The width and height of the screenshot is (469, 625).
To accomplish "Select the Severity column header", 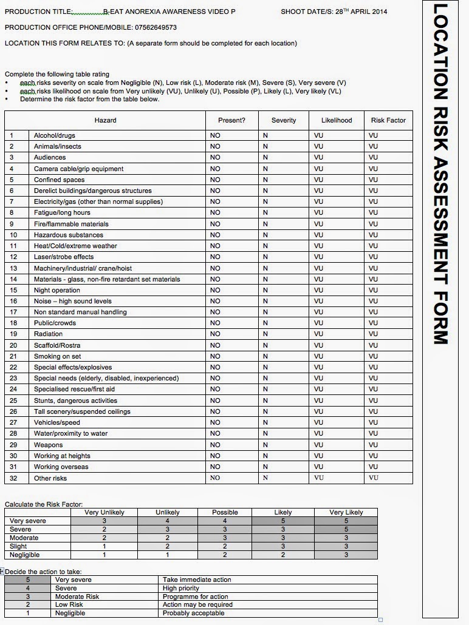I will tap(284, 120).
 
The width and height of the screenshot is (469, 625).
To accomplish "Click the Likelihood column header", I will tap(337, 120).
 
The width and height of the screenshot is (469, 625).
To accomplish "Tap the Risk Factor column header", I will tap(388, 120).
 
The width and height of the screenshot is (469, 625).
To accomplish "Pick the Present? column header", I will tap(232, 120).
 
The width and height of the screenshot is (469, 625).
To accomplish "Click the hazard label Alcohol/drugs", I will tap(55, 135).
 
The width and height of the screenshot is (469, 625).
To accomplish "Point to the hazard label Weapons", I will tap(49, 445).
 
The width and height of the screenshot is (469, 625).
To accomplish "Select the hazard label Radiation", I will tap(49, 334).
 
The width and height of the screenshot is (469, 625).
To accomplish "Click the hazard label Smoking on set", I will tap(58, 356).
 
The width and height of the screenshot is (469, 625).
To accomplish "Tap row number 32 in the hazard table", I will tap(13, 478).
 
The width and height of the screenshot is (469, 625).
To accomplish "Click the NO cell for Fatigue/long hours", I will tap(215, 213).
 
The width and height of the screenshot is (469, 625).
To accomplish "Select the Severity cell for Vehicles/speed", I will tap(265, 422).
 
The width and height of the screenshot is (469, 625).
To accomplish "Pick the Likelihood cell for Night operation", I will tap(319, 290).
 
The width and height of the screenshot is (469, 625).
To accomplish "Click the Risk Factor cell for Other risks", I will tap(374, 478).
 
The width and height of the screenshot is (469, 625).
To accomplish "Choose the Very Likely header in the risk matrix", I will tap(346, 512).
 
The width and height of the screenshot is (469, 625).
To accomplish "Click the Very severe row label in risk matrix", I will tap(28, 521).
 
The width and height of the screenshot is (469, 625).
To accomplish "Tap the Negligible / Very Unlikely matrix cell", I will tap(104, 555).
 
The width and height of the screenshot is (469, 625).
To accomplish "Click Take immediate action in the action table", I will tap(197, 579).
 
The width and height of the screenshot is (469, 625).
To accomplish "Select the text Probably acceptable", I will tap(193, 613).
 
